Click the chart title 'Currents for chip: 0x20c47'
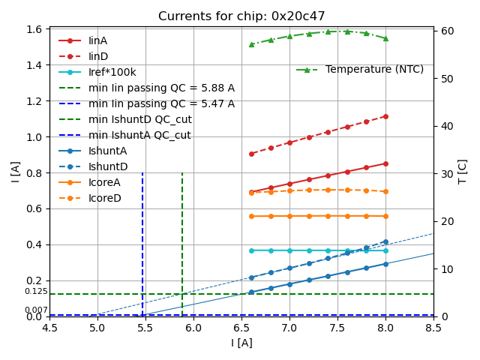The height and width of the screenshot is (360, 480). pyautogui.click(x=240, y=16)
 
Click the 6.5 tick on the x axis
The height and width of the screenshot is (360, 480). pyautogui.click(x=241, y=327)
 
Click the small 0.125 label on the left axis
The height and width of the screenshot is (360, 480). pyautogui.click(x=36, y=292)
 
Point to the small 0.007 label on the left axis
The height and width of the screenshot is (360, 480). pyautogui.click(x=36, y=310)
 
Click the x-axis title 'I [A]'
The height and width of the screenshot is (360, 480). pyautogui.click(x=241, y=343)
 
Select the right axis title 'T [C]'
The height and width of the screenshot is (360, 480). pyautogui.click(x=463, y=172)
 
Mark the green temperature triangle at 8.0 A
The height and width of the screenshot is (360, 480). pyautogui.click(x=385, y=38)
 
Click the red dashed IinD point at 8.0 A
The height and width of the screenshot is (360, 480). pyautogui.click(x=385, y=116)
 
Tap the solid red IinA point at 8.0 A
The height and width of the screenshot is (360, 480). pyautogui.click(x=385, y=163)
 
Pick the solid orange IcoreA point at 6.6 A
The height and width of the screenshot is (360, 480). pyautogui.click(x=251, y=216)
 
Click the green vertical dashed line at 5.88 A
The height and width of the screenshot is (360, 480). pyautogui.click(x=182, y=240)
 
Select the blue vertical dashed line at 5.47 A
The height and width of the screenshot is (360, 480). pyautogui.click(x=142, y=240)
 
